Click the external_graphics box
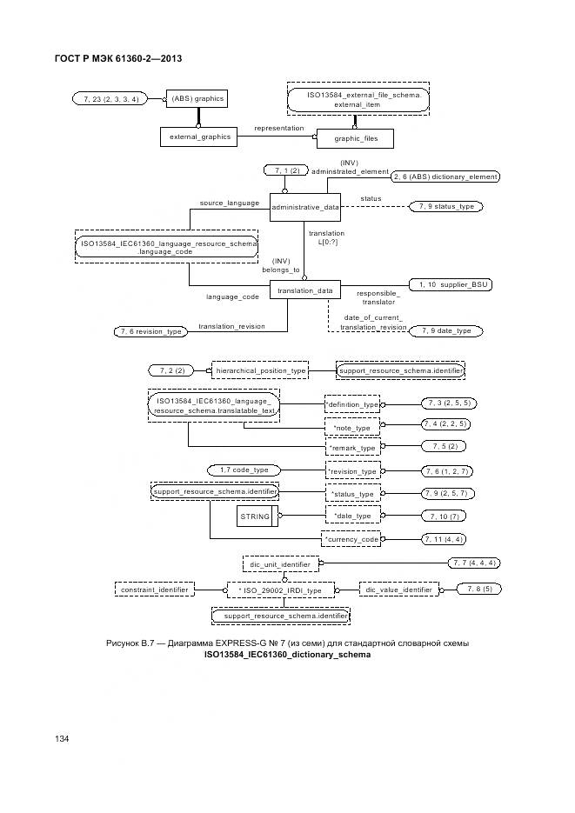pyautogui.click(x=199, y=137)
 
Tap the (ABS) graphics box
pyautogui.click(x=197, y=99)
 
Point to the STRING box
pyautogui.click(x=255, y=516)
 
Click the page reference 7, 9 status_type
pyautogui.click(x=448, y=207)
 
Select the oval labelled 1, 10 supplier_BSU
pyautogui.click(x=446, y=284)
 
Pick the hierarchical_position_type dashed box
pyautogui.click(x=261, y=370)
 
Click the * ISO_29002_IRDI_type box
pyautogui.click(x=280, y=590)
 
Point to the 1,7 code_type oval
pyautogui.click(x=244, y=470)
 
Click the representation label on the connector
pyautogui.click(x=278, y=129)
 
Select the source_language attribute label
pyautogui.click(x=230, y=203)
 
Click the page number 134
pyautogui.click(x=62, y=738)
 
